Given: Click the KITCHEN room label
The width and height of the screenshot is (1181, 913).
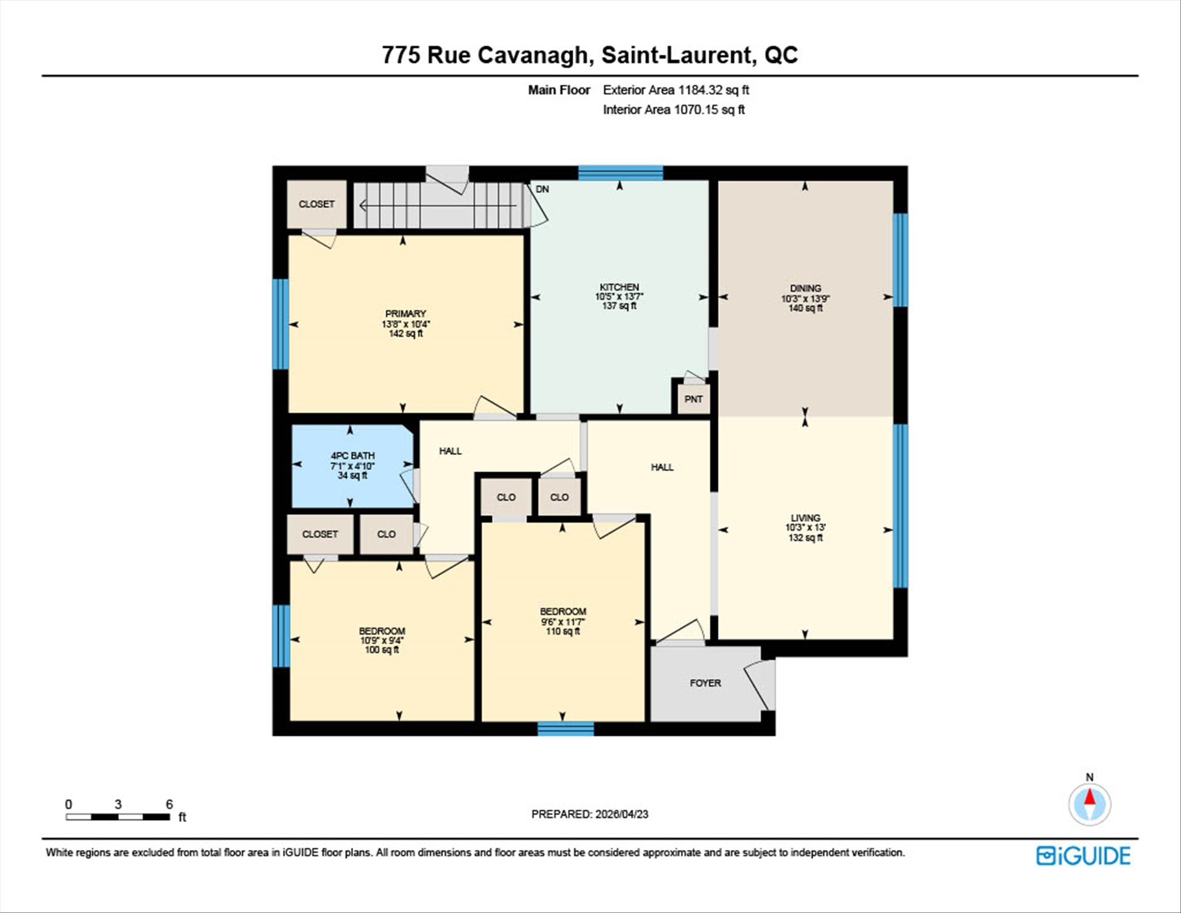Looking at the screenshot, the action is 619,287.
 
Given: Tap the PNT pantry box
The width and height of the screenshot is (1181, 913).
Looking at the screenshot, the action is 694,399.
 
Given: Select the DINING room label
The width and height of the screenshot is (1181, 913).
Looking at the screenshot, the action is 805,288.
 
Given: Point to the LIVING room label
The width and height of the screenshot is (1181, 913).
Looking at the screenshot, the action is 805,518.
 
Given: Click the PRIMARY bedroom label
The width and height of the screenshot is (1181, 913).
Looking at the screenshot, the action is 405,313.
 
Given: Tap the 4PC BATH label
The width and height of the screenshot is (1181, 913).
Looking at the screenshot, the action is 352,456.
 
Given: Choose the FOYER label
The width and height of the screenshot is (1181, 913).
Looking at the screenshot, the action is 706,683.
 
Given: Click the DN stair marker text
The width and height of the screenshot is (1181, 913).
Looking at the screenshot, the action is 542,189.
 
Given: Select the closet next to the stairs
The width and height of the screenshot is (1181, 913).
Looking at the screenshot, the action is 317,204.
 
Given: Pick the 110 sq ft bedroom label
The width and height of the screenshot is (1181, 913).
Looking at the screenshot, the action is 563,611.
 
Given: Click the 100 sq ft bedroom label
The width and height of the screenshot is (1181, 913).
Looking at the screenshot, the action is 382,631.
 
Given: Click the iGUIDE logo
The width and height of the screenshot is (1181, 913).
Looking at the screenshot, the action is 1083,856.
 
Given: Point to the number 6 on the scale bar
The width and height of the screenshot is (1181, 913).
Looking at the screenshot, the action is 169,804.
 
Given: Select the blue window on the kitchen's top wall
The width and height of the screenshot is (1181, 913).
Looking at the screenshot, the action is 621,172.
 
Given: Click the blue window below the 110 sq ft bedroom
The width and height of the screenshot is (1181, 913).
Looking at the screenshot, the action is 566,729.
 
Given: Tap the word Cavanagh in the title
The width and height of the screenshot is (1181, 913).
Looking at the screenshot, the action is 532,55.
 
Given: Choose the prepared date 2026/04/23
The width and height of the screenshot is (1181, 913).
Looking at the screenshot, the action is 621,814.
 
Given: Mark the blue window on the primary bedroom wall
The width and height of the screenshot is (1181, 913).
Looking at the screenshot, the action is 280,324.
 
